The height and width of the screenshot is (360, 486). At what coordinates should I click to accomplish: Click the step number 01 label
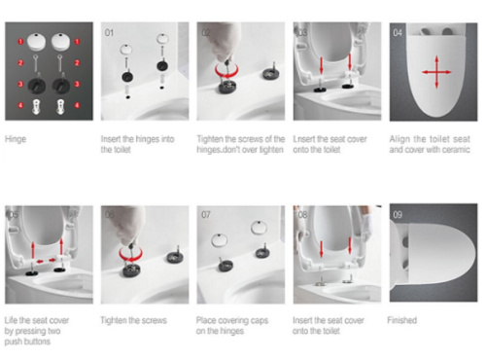109,33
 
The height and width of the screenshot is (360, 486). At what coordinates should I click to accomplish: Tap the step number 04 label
398,33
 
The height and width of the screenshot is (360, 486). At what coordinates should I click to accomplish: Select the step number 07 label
206,214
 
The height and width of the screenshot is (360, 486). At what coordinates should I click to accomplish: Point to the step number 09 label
398,214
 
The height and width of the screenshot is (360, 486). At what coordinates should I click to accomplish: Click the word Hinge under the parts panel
16,139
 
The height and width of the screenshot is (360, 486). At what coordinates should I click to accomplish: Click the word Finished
402,320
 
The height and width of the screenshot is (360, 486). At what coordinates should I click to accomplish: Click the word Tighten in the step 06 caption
113,320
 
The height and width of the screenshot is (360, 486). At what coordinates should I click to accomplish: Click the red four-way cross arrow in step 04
436,72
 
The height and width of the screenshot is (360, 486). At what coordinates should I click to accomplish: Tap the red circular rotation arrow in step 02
226,71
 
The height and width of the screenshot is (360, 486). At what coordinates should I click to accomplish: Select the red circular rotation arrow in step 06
130,254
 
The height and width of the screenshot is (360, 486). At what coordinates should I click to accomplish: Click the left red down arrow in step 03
321,65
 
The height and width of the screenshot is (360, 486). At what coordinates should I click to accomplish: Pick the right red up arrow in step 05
61,246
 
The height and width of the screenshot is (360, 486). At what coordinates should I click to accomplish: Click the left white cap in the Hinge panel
36,42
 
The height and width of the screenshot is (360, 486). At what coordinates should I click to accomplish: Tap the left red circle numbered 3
20,84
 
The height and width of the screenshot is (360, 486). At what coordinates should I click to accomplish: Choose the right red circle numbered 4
77,105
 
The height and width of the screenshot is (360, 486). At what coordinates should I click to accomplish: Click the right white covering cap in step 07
259,228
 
